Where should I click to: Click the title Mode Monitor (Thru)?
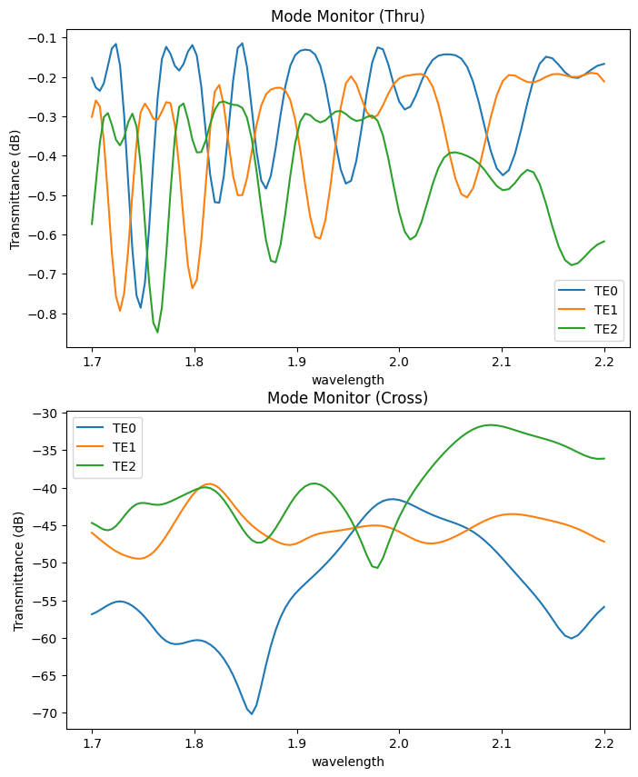(347, 15)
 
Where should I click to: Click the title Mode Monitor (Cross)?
(347, 398)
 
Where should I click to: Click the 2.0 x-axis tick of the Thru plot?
(399, 361)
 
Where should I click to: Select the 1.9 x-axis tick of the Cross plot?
(296, 743)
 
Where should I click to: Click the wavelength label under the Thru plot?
(347, 379)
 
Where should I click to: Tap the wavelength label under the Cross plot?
(347, 762)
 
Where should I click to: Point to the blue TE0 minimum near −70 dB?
(252, 713)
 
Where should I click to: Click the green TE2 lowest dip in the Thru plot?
(157, 333)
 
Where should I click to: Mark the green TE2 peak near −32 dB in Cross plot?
(491, 424)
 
